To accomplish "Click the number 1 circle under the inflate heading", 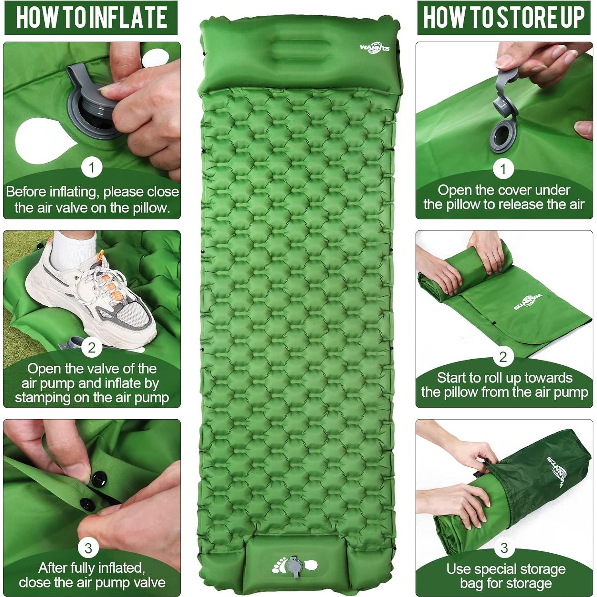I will pos(92,167).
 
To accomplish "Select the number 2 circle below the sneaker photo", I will pos(92,347).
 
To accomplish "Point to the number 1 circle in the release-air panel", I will pos(503,169).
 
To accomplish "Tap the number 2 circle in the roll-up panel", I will pos(503,356).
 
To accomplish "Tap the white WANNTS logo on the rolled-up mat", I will pos(528,302).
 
